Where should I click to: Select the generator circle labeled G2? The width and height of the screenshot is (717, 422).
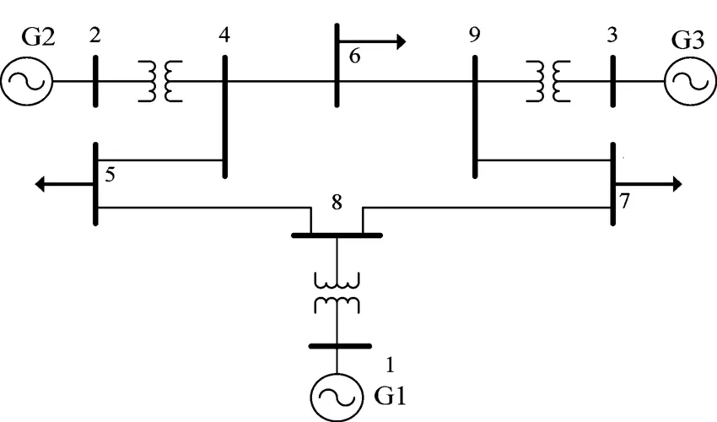tap(27, 81)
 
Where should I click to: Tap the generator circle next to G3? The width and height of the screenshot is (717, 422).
tap(689, 81)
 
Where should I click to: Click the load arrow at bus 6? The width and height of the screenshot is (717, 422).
tap(375, 41)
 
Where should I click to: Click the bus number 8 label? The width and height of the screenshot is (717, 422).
tap(337, 203)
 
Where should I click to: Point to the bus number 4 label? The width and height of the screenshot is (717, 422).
tap(224, 36)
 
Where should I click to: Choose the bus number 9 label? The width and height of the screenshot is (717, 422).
tap(475, 36)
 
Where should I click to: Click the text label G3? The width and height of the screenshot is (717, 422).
tap(687, 39)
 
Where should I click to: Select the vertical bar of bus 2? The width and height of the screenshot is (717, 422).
tap(94, 81)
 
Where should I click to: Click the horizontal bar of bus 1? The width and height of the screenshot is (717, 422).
tap(339, 346)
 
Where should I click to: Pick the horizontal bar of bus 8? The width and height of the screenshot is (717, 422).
tap(337, 235)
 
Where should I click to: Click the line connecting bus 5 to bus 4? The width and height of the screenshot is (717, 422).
tap(160, 160)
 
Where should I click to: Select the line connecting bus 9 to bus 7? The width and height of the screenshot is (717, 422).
tap(544, 160)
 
